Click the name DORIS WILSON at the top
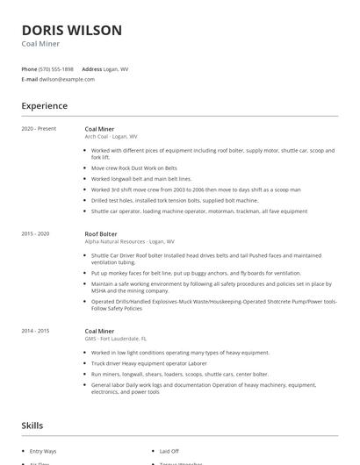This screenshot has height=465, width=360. pos(71,30)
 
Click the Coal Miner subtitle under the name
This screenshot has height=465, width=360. pos(40,43)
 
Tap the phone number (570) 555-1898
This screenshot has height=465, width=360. pos(56,68)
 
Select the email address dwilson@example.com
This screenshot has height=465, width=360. pos(67,79)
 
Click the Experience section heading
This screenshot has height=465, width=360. pos(44,106)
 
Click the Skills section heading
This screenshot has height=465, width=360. pos(33,426)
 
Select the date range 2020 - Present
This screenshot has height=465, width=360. pos(39,129)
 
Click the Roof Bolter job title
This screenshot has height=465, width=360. pos(100,234)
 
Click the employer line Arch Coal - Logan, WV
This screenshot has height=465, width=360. pos(111,137)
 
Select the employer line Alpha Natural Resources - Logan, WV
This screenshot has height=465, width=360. pos(129,241)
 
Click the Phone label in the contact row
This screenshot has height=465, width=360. pos(29,68)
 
